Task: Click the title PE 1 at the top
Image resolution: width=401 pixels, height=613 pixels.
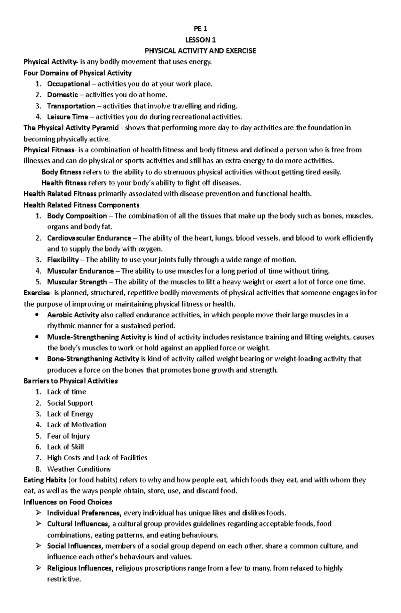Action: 200,29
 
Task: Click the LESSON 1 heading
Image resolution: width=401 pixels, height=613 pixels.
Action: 200,40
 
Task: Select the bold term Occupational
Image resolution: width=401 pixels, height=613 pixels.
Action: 69,84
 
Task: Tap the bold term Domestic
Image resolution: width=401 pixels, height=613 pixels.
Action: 62,95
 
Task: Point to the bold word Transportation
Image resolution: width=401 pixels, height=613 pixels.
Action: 71,106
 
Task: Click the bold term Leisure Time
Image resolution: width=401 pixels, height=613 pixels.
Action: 68,117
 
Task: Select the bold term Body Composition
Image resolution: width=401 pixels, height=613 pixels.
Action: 77,216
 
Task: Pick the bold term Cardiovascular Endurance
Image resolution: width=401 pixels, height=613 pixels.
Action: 89,238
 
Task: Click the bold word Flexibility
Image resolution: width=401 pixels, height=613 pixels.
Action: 63,260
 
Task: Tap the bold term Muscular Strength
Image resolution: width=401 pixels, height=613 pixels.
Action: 77,282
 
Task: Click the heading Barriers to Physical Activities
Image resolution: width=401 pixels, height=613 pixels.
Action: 71,381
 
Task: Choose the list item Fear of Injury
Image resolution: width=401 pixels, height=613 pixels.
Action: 68,436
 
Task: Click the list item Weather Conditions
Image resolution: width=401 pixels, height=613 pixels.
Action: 79,469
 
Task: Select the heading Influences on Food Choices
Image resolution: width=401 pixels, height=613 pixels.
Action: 68,502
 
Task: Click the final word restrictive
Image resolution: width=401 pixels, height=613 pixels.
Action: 63,579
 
